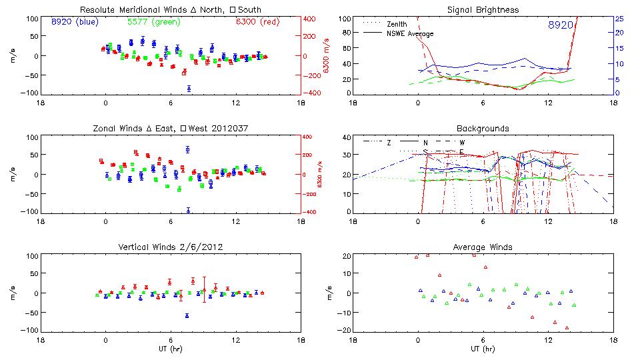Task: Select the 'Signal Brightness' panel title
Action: [483, 9]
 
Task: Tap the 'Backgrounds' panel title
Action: [483, 128]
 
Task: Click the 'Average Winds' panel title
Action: [483, 247]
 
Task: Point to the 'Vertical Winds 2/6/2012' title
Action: [170, 247]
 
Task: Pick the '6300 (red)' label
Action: [257, 22]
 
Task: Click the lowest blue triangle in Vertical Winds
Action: [187, 315]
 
